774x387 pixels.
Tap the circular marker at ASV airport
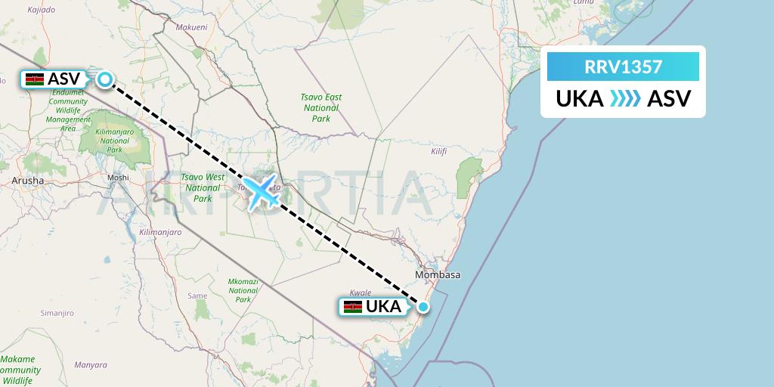(105, 78)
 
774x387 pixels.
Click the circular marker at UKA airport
(423, 306)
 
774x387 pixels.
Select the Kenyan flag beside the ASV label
(33, 79)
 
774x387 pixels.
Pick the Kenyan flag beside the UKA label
(352, 307)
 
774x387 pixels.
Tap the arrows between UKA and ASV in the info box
(623, 98)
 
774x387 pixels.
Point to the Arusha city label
(28, 181)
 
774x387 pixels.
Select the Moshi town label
(119, 178)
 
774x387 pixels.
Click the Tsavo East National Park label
(321, 107)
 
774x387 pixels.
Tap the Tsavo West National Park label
(203, 187)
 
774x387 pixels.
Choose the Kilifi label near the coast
(438, 151)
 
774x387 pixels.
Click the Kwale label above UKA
(361, 292)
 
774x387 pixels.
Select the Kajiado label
(42, 10)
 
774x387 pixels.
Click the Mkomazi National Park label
(243, 290)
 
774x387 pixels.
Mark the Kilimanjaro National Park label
(115, 140)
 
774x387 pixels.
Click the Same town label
(197, 296)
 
